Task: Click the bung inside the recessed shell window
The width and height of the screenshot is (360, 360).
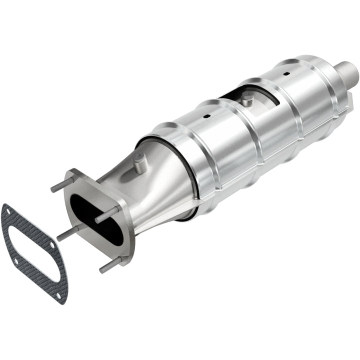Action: tap(246, 99)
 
